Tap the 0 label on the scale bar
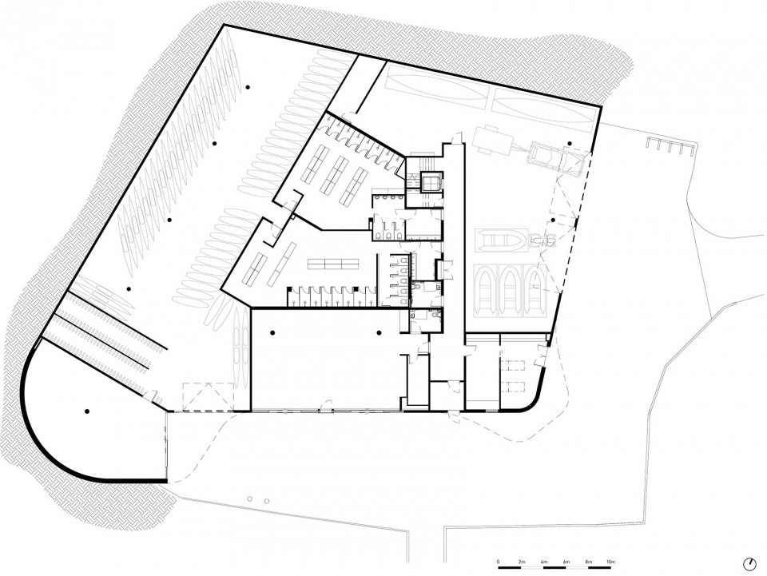click(x=498, y=562)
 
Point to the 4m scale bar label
click(x=543, y=562)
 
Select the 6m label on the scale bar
click(x=566, y=562)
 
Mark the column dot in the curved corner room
click(x=87, y=411)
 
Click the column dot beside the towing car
click(x=570, y=143)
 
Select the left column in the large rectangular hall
click(x=272, y=333)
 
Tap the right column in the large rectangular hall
click(x=379, y=333)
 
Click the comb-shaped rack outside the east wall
click(x=670, y=145)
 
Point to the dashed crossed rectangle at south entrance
click(x=209, y=396)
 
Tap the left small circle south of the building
click(x=249, y=499)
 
